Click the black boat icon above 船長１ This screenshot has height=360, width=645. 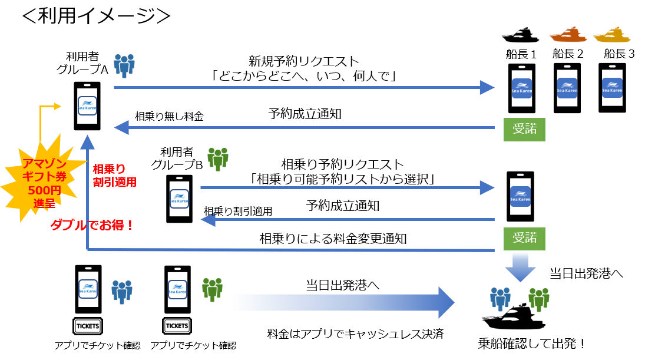(520, 35)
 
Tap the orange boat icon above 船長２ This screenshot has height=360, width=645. (568, 35)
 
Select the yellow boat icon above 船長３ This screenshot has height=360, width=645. (612, 35)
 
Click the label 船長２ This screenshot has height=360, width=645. (568, 54)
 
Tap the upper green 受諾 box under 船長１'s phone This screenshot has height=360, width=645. (524, 129)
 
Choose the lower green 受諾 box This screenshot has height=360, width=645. (524, 239)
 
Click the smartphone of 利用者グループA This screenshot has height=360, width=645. (87, 106)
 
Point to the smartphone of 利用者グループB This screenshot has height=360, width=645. (179, 199)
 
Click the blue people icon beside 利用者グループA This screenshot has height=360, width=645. (124, 65)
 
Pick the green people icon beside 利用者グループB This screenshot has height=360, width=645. (218, 159)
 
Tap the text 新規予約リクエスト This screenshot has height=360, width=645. (304, 61)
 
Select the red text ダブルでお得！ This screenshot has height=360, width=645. (92, 225)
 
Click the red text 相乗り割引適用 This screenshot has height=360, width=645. (114, 175)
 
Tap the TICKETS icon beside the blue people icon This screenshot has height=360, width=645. (88, 326)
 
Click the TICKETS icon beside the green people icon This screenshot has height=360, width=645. (177, 326)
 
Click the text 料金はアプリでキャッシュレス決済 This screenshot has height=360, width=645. (355, 333)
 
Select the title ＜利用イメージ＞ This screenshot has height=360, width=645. (96, 16)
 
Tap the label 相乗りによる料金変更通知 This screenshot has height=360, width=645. (333, 239)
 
